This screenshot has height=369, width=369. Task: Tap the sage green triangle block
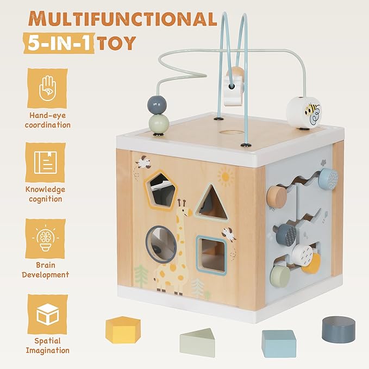(x=202, y=341)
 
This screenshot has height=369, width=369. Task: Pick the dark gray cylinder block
(x=338, y=329)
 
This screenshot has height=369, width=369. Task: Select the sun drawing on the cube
(x=226, y=177)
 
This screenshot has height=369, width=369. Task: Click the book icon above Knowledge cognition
(x=47, y=162)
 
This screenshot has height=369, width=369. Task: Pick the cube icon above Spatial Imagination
(x=47, y=315)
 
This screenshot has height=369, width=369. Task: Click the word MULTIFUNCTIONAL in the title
(x=122, y=19)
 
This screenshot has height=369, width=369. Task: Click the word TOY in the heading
(x=116, y=43)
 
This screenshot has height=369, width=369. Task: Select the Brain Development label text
(x=46, y=270)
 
